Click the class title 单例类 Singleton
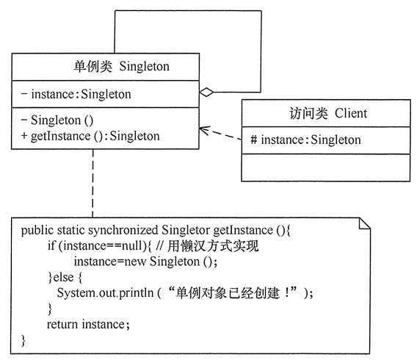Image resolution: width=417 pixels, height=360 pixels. click(122, 66)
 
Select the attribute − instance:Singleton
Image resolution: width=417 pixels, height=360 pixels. click(76, 94)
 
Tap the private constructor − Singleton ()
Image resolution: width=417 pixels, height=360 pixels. click(57, 120)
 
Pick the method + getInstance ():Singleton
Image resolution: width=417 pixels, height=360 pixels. click(90, 136)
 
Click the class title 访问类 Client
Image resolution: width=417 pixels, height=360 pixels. click(328, 113)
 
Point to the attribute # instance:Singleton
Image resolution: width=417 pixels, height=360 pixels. click(305, 140)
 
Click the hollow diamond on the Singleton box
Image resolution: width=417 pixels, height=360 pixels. click(206, 93)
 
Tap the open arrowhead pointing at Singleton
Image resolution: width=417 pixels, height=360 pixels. click(203, 130)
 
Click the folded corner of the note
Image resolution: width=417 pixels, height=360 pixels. click(364, 223)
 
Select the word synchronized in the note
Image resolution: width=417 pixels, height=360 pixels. click(123, 231)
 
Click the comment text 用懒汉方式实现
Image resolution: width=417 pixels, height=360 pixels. click(213, 246)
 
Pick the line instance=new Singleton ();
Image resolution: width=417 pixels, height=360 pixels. click(145, 262)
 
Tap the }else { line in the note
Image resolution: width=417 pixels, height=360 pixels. click(65, 278)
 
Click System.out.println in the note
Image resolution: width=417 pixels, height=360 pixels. click(105, 293)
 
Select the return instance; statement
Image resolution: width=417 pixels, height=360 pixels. click(88, 324)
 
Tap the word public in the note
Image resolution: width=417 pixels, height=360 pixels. click(37, 231)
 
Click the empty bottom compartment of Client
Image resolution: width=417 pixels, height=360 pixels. click(326, 168)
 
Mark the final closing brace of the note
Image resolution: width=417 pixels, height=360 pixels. click(23, 341)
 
